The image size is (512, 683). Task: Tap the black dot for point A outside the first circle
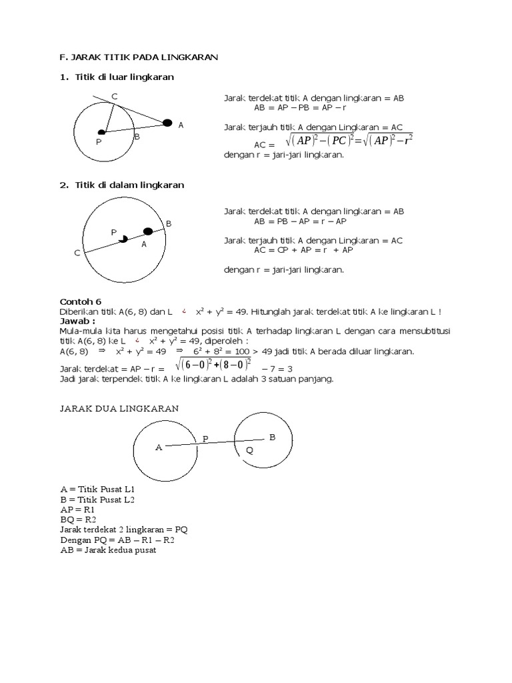[168, 122]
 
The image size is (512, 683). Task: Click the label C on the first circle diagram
[115, 97]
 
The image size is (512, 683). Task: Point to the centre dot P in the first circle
[101, 133]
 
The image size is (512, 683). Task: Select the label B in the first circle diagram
[137, 137]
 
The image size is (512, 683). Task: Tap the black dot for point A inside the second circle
[148, 231]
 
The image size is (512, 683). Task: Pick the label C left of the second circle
[77, 253]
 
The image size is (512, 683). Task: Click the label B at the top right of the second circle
[169, 223]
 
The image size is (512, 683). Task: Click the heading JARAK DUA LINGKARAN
[119, 408]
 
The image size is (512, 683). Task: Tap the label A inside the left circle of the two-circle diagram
[159, 448]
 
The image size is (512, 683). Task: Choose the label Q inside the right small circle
[249, 450]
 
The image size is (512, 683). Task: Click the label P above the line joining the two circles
[205, 438]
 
